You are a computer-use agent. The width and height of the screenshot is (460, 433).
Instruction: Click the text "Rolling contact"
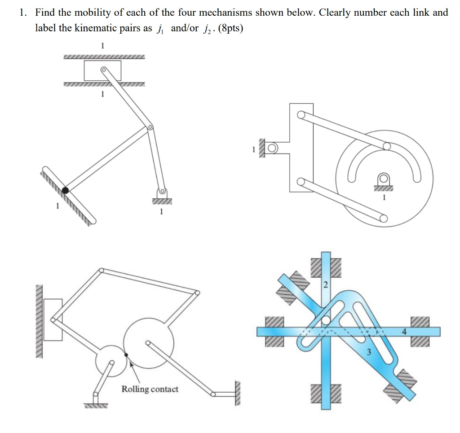pos(150,389)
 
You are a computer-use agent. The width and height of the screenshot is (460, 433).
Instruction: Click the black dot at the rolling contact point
pos(126,354)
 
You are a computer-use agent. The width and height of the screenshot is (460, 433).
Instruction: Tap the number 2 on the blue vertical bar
pos(326,285)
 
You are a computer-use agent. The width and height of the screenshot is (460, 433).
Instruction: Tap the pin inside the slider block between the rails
pos(103,70)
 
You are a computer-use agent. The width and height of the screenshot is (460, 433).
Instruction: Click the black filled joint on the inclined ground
pos(66,190)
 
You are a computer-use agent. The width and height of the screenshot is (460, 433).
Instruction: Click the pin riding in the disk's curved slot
pos(386,146)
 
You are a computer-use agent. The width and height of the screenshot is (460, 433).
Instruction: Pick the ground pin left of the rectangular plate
pos(272,148)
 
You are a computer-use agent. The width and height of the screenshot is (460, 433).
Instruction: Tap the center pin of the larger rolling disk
pos(147,343)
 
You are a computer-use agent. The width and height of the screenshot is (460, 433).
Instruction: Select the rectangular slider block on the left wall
pos(53,319)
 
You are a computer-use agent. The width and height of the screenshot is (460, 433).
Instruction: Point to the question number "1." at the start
pos(23,13)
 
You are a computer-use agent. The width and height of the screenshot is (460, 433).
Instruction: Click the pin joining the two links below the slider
pos(150,127)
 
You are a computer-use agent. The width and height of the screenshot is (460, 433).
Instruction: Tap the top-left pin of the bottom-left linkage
pos(101,270)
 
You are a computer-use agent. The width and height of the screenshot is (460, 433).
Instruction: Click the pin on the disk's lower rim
pos(383,219)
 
